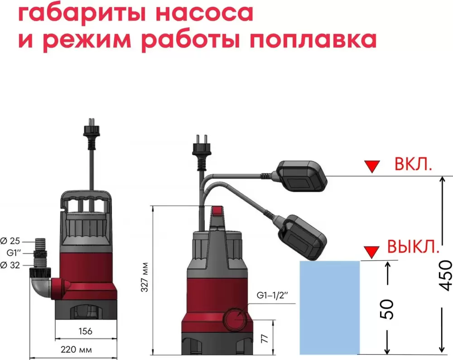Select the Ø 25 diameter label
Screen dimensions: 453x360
tap(10, 241)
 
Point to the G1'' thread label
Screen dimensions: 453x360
tap(14, 253)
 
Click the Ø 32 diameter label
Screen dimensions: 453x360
tap(10, 265)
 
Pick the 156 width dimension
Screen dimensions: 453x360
tap(86, 331)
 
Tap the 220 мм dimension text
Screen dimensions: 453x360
tap(76, 350)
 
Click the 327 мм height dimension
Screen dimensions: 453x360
tap(145, 277)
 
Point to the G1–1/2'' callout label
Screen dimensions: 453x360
tap(272, 296)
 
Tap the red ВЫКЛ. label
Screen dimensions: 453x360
tap(413, 247)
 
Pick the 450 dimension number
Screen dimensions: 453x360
tap(445, 275)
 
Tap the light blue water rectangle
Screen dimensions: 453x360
tap(330, 308)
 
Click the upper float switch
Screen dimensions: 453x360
tap(302, 176)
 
